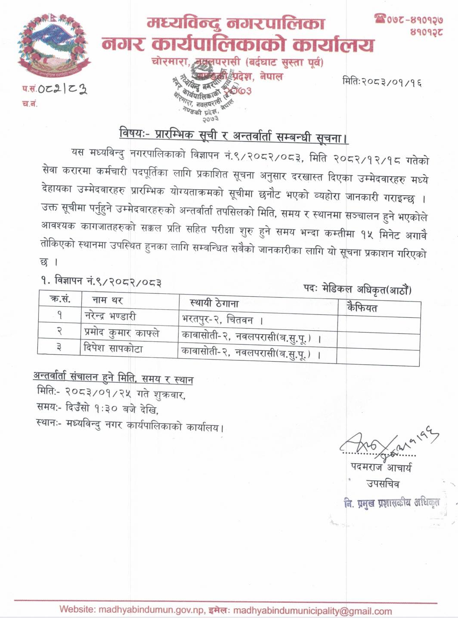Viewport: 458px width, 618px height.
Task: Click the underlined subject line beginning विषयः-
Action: coord(234,136)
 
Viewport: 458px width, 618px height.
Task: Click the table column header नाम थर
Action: coord(108,300)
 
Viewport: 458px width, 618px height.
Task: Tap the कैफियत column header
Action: coord(362,308)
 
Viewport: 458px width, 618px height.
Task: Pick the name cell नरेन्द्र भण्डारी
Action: coord(110,316)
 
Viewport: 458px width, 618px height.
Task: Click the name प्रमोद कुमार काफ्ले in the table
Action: coord(122,332)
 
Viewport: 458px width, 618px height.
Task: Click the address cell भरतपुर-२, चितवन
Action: coord(222,320)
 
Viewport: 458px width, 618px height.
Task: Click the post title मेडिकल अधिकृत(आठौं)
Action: coord(366,289)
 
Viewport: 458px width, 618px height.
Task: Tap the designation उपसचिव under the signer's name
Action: coord(383,484)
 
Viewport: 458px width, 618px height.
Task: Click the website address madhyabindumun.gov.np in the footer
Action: coord(152,610)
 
